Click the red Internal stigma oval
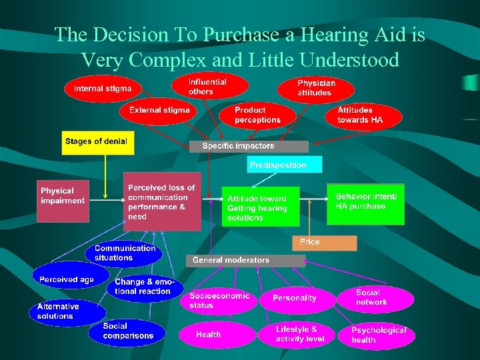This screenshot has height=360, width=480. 103,89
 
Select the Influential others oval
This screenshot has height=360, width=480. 209,87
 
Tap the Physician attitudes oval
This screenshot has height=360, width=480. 317,88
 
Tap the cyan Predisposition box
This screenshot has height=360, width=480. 285,165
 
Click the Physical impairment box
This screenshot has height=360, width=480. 63,199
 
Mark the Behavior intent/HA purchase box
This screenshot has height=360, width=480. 365,204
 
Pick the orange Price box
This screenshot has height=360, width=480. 324,243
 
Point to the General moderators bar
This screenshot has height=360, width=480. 237,261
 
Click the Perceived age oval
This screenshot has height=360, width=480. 67,280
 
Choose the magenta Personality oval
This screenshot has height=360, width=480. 295,298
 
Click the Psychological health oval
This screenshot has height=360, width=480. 379,335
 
